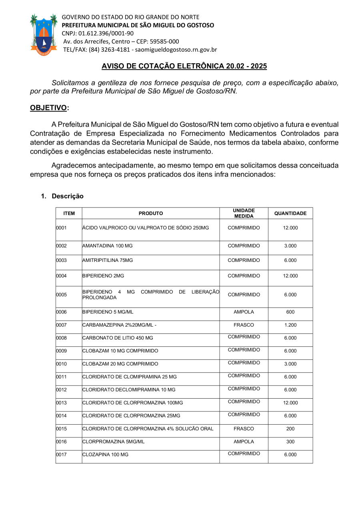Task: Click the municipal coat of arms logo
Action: [x=44, y=34]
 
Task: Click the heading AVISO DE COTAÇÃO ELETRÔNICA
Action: [x=184, y=66]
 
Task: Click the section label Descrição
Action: [x=68, y=196]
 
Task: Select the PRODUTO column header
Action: [x=151, y=214]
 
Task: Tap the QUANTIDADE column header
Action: [x=290, y=214]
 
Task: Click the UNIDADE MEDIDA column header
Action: [x=244, y=213]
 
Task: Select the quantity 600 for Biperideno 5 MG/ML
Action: [x=290, y=312]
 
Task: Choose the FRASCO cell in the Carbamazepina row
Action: [x=244, y=325]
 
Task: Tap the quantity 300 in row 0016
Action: [x=290, y=442]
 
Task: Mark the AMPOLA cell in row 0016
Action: [x=244, y=442]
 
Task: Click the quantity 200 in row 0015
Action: [x=290, y=429]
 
